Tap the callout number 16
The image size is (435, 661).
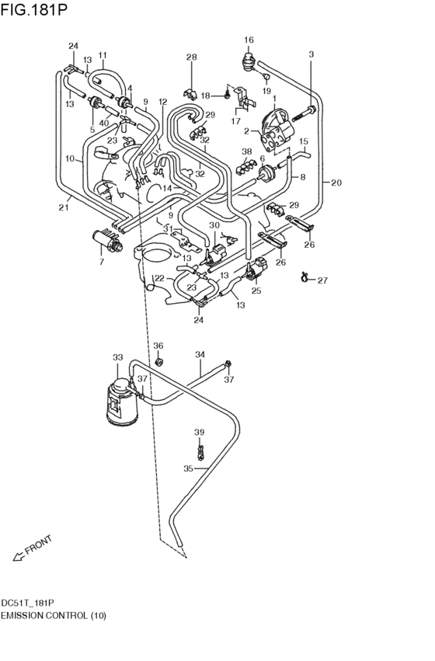coord(249,40)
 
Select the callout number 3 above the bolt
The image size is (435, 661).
coord(311,54)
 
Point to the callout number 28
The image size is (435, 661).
coord(191,57)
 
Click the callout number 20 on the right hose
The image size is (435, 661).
coord(336,183)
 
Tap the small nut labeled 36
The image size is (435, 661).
coord(158,362)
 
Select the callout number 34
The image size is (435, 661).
coord(200,354)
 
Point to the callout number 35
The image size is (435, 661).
coord(187,468)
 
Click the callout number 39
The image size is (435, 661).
coord(199,432)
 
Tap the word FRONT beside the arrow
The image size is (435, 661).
coord(38,544)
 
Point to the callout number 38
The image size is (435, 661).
coord(246,151)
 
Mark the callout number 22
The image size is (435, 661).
coord(158,278)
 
